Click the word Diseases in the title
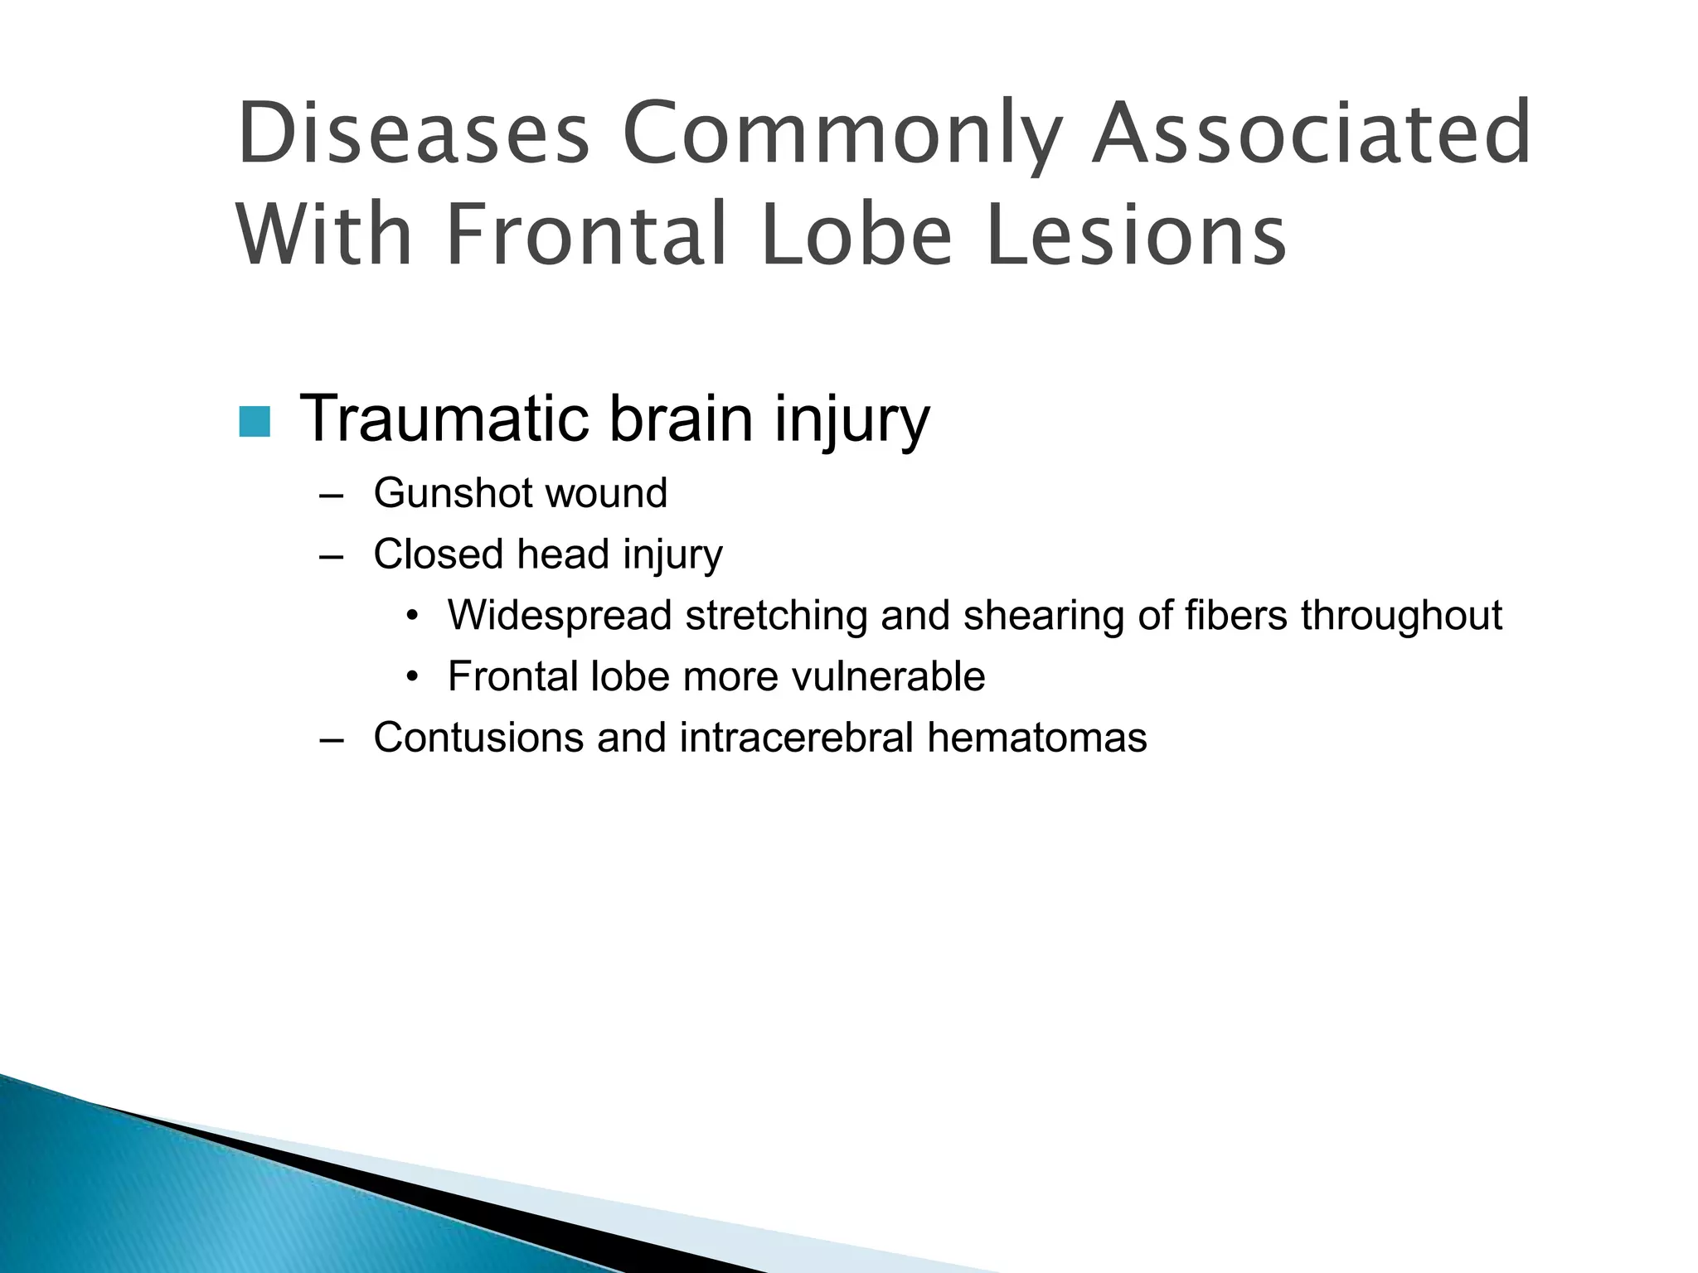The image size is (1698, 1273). point(412,133)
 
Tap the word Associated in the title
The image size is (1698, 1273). point(1310,133)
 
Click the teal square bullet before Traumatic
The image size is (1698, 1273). point(254,422)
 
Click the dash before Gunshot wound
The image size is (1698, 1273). point(330,496)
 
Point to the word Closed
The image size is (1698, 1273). point(438,554)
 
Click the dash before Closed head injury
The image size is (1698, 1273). point(330,557)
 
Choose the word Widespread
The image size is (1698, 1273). point(560,616)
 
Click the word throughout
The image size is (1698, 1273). point(1401,616)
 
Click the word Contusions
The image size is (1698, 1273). point(478,738)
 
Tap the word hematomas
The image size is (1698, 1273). point(1036,738)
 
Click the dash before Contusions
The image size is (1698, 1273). point(330,740)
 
